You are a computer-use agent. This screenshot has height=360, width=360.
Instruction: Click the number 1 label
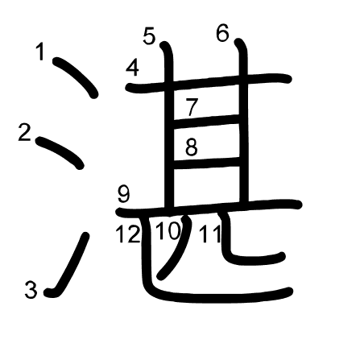coord(40,52)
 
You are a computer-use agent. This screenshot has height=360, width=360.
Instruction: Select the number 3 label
coord(31,290)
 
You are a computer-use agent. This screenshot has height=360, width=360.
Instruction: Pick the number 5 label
coord(149,36)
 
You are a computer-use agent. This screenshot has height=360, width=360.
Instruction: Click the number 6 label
coord(222,33)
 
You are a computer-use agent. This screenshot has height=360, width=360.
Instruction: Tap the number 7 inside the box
coord(192,107)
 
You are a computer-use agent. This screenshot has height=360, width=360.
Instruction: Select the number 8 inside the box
coord(192,147)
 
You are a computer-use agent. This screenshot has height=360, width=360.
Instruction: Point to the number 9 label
coord(124,194)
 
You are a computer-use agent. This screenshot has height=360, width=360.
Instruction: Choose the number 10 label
coord(168,231)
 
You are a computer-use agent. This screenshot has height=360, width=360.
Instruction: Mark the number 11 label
coord(210,234)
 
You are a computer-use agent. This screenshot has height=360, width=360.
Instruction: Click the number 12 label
coord(128,234)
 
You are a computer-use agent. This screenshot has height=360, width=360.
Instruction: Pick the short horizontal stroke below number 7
coord(207,121)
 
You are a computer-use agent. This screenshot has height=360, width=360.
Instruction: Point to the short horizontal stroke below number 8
coord(207,163)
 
